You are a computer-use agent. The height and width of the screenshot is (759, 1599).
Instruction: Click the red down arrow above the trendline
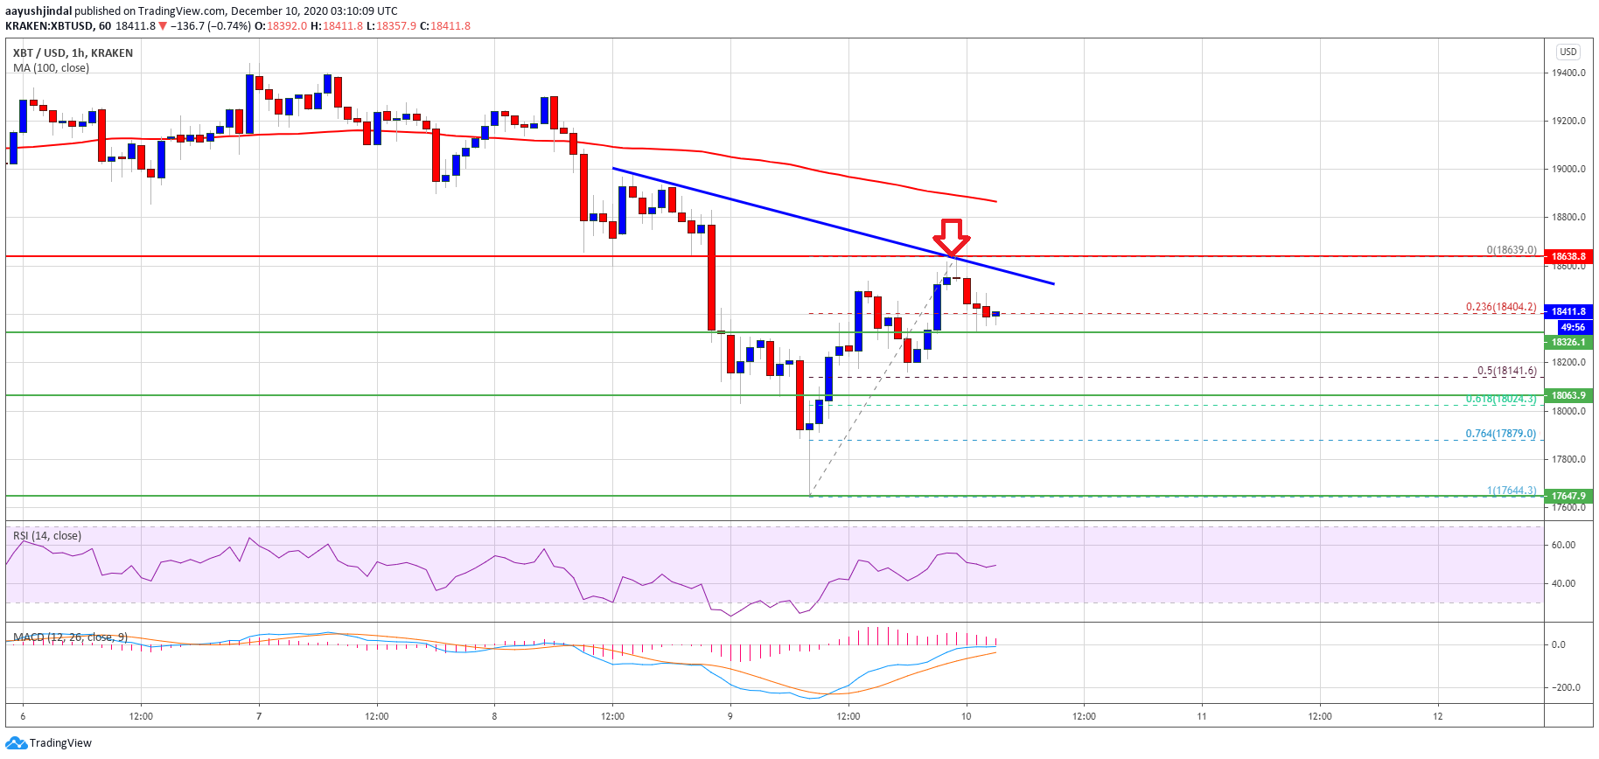tap(951, 236)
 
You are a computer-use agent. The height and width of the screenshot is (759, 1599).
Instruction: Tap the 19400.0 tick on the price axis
tap(1568, 73)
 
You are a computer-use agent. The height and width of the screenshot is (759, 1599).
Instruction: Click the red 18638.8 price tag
tap(1568, 257)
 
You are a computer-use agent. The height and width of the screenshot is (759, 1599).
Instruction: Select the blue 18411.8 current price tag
tap(1568, 311)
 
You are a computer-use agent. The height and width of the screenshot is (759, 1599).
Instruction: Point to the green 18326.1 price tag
tap(1568, 342)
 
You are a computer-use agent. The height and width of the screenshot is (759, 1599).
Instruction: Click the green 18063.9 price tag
tap(1568, 395)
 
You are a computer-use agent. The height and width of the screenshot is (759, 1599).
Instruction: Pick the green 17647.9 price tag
tap(1568, 496)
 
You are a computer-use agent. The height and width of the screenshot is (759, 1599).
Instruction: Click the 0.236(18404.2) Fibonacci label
tap(1500, 307)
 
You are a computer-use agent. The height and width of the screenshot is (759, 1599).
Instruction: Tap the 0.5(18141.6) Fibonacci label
tap(1506, 371)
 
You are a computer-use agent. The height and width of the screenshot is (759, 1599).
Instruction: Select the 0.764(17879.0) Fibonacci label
tap(1500, 434)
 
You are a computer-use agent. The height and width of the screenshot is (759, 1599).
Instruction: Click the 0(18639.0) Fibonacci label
tap(1511, 250)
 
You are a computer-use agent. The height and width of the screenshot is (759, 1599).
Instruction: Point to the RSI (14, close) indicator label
tap(47, 536)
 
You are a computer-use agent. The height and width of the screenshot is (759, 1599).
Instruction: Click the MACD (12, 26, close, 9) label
tap(70, 637)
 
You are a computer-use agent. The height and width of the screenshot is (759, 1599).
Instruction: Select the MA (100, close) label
tap(51, 68)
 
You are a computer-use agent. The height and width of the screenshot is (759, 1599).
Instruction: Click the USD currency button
tap(1568, 52)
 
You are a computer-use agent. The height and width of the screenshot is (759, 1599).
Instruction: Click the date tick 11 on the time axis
tap(1202, 716)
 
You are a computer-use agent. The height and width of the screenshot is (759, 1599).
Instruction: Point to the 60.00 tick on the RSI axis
tap(1563, 545)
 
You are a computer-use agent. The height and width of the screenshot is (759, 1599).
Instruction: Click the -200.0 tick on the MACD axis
tap(1565, 687)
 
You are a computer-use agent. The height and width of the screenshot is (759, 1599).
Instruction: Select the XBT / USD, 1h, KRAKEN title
tap(73, 53)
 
